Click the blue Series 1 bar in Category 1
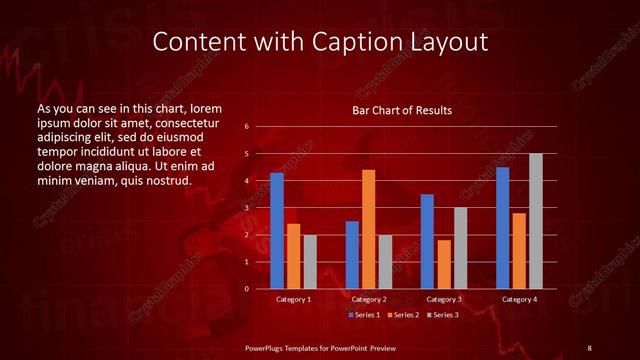coord(277,231)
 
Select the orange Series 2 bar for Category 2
coord(368,229)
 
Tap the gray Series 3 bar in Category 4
coord(535,221)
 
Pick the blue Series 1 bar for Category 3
coord(427,241)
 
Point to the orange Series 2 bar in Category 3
coord(443,264)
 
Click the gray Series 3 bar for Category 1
coord(310,261)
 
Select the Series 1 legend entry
coord(365,315)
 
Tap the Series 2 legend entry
coord(403,315)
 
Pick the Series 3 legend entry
coord(441,315)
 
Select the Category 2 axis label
coord(368,299)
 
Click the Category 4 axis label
coord(518,299)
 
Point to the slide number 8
coord(589,347)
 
